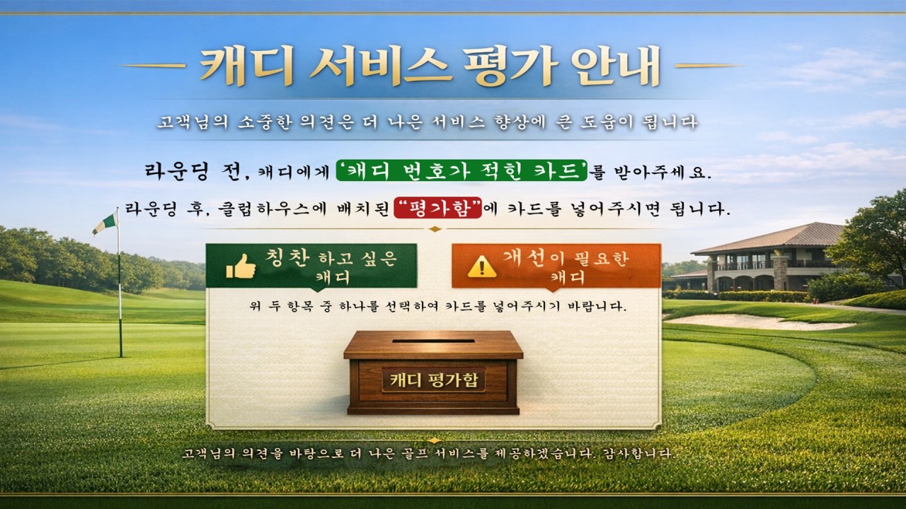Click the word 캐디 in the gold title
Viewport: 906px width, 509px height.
pyautogui.click(x=247, y=66)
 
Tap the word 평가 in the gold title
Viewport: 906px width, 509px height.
pyautogui.click(x=511, y=66)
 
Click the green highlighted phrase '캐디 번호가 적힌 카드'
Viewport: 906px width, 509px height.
pyautogui.click(x=461, y=170)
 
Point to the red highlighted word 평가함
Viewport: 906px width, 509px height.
pyautogui.click(x=438, y=208)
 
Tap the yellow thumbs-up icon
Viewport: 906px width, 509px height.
pyautogui.click(x=241, y=267)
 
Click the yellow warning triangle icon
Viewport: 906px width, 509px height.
pyautogui.click(x=482, y=267)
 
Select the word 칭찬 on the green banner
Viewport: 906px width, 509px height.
pyautogui.click(x=287, y=257)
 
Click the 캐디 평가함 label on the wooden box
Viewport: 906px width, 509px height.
pyautogui.click(x=434, y=380)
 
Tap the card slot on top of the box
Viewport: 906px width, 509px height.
pyautogui.click(x=433, y=341)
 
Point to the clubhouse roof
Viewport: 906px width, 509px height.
pyautogui.click(x=769, y=238)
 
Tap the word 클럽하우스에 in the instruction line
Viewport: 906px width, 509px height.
pyautogui.click(x=272, y=209)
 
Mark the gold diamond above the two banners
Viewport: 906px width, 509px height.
pyautogui.click(x=435, y=229)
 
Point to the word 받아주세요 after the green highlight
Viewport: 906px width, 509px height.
pyautogui.click(x=660, y=172)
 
